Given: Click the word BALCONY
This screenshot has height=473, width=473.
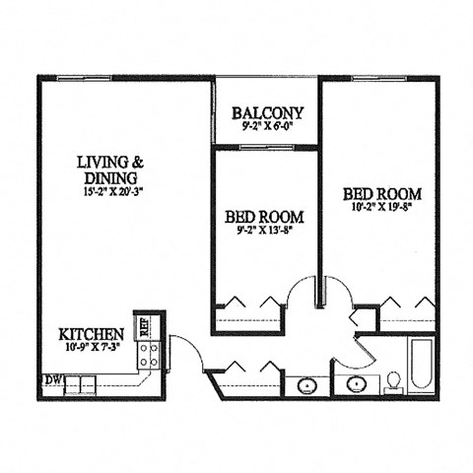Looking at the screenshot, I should click(x=266, y=112).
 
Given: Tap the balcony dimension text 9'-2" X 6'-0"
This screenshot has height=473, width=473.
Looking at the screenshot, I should click(x=266, y=126).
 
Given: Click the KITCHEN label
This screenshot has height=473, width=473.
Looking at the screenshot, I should click(x=91, y=334).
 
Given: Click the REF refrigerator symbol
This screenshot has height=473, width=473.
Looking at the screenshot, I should click(x=145, y=326).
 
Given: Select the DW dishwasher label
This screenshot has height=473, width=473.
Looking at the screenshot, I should click(x=50, y=379).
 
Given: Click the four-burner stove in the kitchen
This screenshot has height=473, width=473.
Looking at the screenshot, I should click(x=150, y=356).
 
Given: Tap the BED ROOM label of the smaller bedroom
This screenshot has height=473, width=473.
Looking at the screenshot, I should click(x=263, y=217).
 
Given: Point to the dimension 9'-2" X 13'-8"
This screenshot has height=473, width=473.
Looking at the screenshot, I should click(x=263, y=231).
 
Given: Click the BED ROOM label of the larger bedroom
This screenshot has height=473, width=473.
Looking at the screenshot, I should click(x=382, y=193).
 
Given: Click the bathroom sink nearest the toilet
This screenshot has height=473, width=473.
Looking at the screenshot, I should click(x=354, y=383).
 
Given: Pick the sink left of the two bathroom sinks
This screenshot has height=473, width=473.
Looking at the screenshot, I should click(x=306, y=384).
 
